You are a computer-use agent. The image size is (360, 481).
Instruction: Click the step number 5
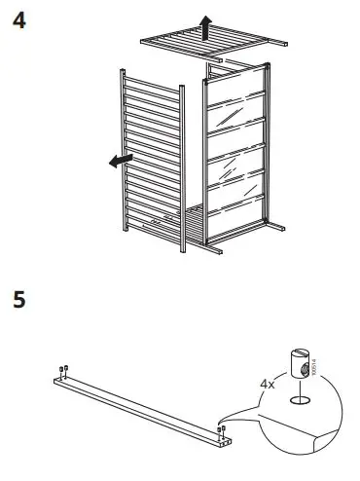[x=17, y=298]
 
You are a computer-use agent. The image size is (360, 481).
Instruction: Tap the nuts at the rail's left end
[x=62, y=370]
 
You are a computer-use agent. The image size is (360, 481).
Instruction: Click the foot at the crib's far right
[x=278, y=229]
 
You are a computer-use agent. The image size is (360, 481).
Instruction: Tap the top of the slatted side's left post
[x=122, y=73]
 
